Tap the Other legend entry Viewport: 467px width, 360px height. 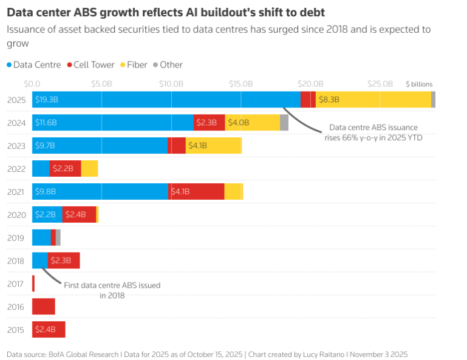[x=171, y=65]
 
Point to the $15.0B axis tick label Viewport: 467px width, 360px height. [x=240, y=83]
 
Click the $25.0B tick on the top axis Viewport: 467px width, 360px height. [x=380, y=83]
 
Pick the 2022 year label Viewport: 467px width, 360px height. [x=16, y=168]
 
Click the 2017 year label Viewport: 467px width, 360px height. [x=16, y=284]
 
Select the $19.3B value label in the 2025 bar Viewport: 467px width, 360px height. [x=46, y=99]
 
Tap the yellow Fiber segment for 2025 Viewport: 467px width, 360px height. [x=373, y=99]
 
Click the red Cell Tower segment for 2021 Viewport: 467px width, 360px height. [x=196, y=191]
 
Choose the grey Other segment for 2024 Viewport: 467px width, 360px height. [x=284, y=122]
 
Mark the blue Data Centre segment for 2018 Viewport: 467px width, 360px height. [x=39, y=260]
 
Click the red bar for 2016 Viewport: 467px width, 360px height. [x=44, y=307]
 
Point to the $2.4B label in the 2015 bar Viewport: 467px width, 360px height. [x=46, y=330]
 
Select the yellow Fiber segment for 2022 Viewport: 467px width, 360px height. [x=89, y=168]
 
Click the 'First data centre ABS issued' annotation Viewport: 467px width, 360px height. [x=112, y=285]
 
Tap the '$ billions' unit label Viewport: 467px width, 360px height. [x=419, y=84]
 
